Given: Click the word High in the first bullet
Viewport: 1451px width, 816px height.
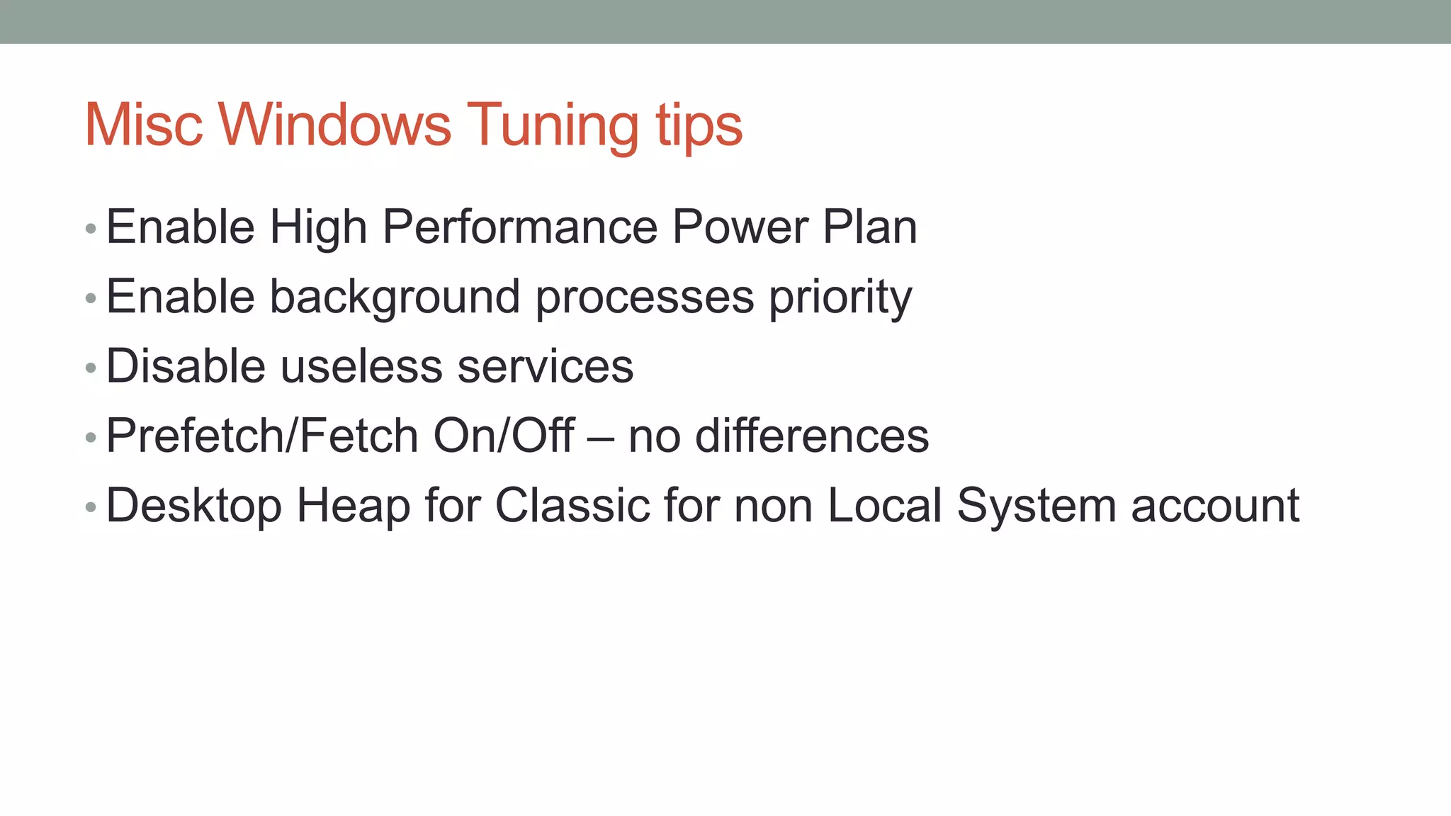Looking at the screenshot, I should tap(318, 228).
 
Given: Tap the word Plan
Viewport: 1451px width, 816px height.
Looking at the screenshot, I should tap(869, 227).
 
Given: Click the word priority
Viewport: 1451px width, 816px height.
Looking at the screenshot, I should tap(840, 297).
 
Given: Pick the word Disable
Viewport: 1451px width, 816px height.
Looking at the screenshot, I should tap(186, 366).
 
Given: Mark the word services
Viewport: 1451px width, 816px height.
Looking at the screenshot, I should tap(545, 366).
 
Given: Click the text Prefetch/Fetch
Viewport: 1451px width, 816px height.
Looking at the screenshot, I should tap(261, 436).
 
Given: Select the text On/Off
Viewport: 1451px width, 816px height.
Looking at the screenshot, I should tap(503, 436).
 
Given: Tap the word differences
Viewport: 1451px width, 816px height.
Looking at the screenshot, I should tap(812, 436).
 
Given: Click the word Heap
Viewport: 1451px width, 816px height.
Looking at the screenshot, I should tap(353, 506).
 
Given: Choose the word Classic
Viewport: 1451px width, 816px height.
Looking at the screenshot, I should tap(571, 505).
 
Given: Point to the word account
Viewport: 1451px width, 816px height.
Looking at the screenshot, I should tap(1215, 505).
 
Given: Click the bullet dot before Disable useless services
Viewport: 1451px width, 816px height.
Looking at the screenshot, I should tap(90, 368).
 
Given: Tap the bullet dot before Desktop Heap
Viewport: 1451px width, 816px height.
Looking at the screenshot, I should tap(90, 507).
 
